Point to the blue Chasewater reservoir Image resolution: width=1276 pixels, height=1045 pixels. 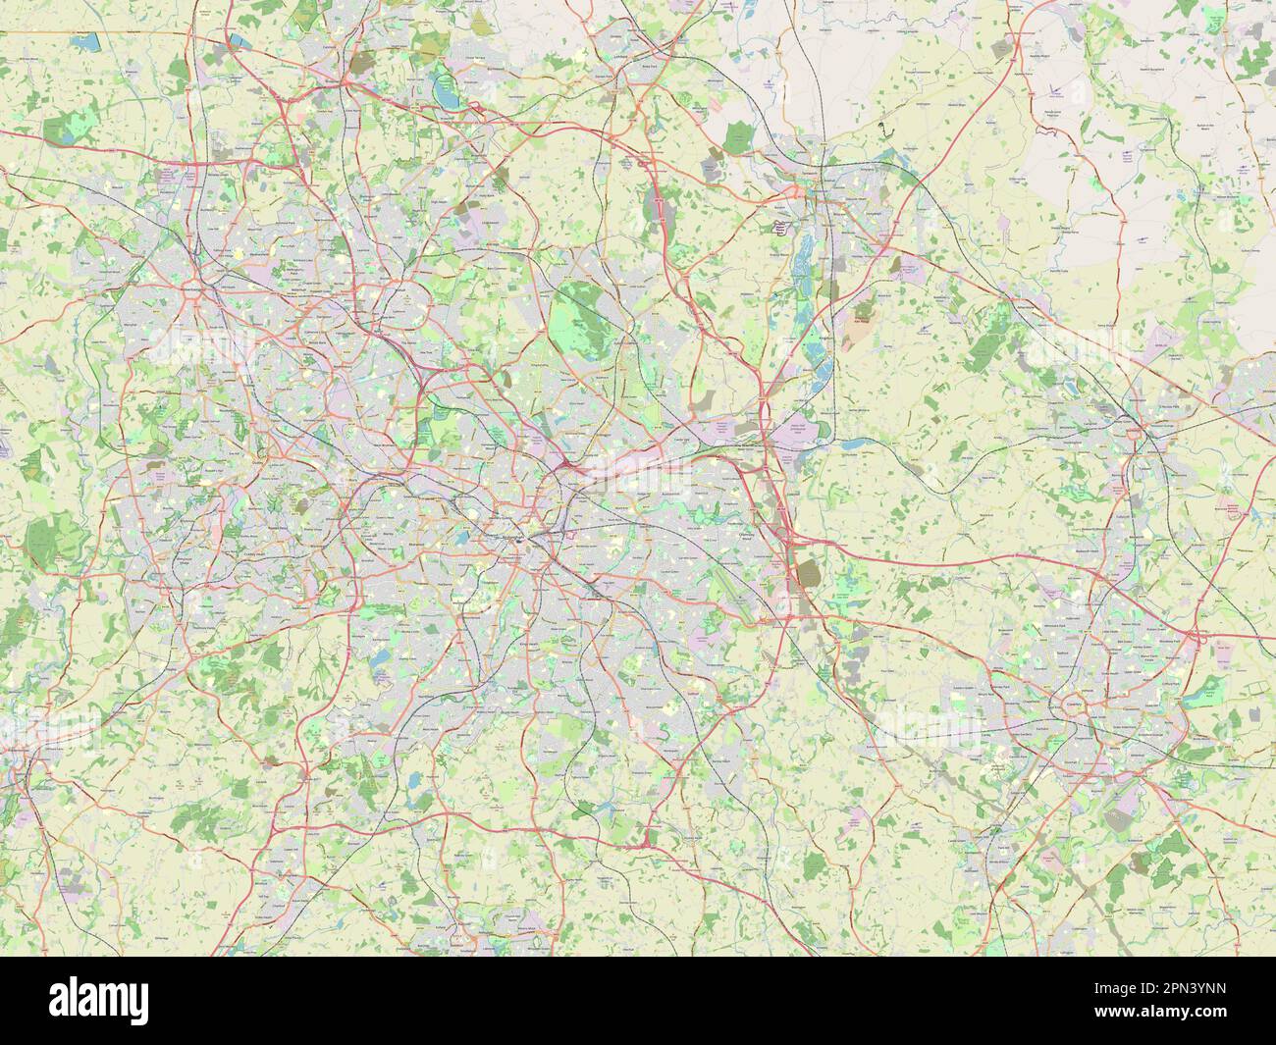pos(446,94)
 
